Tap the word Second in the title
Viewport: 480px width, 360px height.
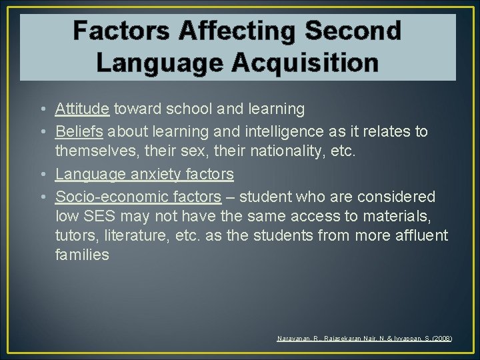tap(353, 31)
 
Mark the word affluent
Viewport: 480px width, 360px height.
tap(421, 235)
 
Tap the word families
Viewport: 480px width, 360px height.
tap(82, 255)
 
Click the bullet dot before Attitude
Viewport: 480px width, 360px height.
tap(42, 109)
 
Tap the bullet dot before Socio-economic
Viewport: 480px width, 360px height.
tap(42, 197)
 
